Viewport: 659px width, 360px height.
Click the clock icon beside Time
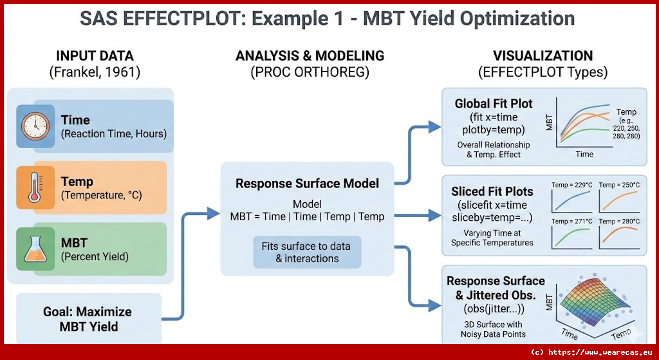tap(36, 126)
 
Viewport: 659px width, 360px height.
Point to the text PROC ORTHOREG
tap(310, 72)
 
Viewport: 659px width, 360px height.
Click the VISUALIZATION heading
tap(543, 55)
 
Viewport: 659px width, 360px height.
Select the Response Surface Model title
tap(306, 184)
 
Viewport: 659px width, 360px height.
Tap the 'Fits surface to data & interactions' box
tap(307, 251)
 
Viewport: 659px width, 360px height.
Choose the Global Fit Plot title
tap(494, 104)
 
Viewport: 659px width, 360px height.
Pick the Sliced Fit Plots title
tap(493, 191)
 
